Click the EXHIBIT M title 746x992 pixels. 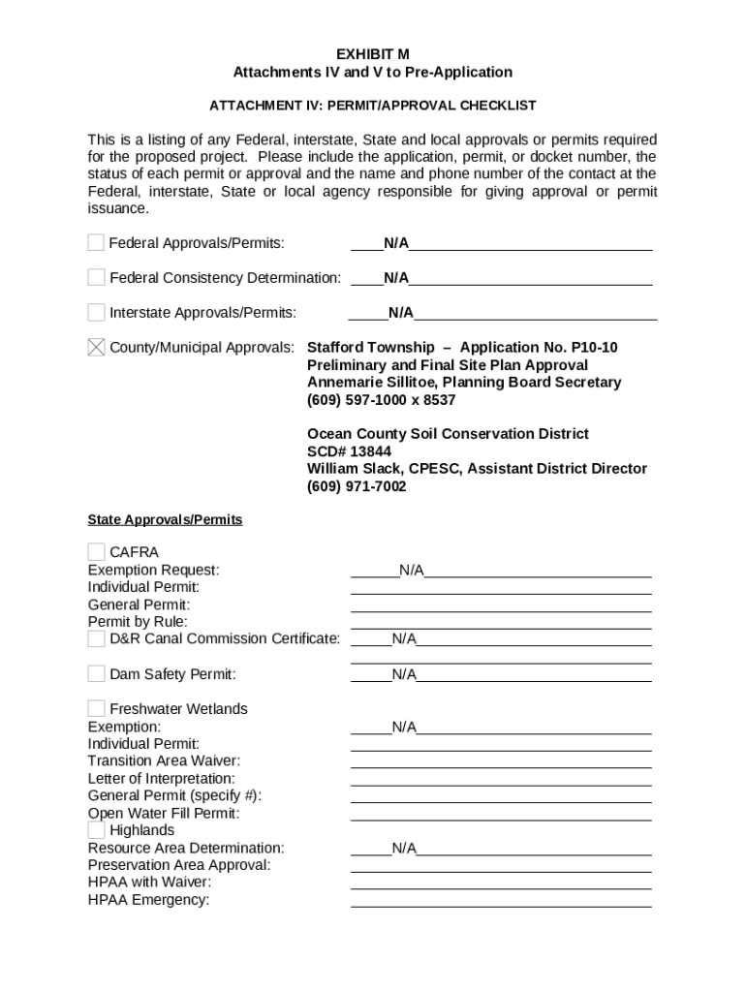(373, 54)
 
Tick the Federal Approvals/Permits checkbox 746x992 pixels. (96, 242)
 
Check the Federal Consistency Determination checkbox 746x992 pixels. (96, 277)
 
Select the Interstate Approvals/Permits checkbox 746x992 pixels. (96, 312)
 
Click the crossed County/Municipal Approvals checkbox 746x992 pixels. (96, 347)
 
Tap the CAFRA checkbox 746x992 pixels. (96, 552)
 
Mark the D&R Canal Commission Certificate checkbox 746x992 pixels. (96, 638)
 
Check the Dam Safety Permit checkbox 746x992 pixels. (96, 673)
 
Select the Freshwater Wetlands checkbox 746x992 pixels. (96, 708)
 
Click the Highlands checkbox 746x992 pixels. (96, 830)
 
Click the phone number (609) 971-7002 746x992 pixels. (357, 486)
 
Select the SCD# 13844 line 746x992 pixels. (349, 451)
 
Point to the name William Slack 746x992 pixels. (354, 469)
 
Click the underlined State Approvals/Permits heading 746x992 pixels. (165, 520)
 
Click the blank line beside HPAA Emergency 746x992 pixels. (501, 901)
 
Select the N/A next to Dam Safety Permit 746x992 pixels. (404, 674)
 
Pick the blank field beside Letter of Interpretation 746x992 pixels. (501, 779)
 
